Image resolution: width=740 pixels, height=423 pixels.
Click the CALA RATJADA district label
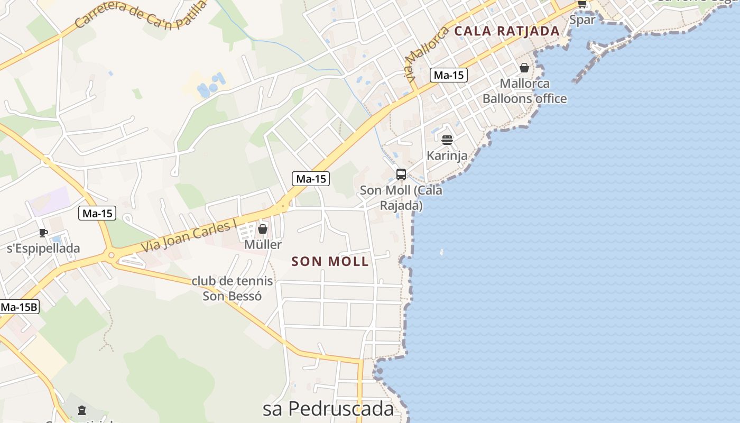coord(507,31)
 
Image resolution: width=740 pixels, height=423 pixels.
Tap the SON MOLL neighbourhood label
coord(330,261)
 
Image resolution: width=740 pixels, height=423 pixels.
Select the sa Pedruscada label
coord(328,409)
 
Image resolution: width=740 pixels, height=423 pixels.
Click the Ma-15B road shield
coord(20,307)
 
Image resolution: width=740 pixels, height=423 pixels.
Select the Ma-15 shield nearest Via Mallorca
coord(448,75)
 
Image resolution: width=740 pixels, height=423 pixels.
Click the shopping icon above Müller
coord(262,229)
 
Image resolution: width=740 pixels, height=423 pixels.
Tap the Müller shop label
coord(263,245)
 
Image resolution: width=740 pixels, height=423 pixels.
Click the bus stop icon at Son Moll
coord(401,174)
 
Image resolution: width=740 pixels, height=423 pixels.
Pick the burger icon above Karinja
coord(447,140)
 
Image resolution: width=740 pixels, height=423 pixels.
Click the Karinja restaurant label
coord(447,155)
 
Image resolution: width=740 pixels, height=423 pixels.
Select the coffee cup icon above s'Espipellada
coord(43,233)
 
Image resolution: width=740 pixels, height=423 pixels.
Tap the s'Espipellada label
coord(43,249)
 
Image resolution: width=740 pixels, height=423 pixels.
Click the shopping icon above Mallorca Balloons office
coord(524,68)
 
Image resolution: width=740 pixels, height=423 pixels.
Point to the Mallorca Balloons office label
coord(524,91)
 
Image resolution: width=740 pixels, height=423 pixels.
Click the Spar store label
coord(582,20)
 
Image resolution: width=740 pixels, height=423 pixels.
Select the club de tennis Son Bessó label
coord(232,288)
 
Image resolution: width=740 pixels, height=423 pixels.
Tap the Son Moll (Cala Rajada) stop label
coord(401,198)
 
